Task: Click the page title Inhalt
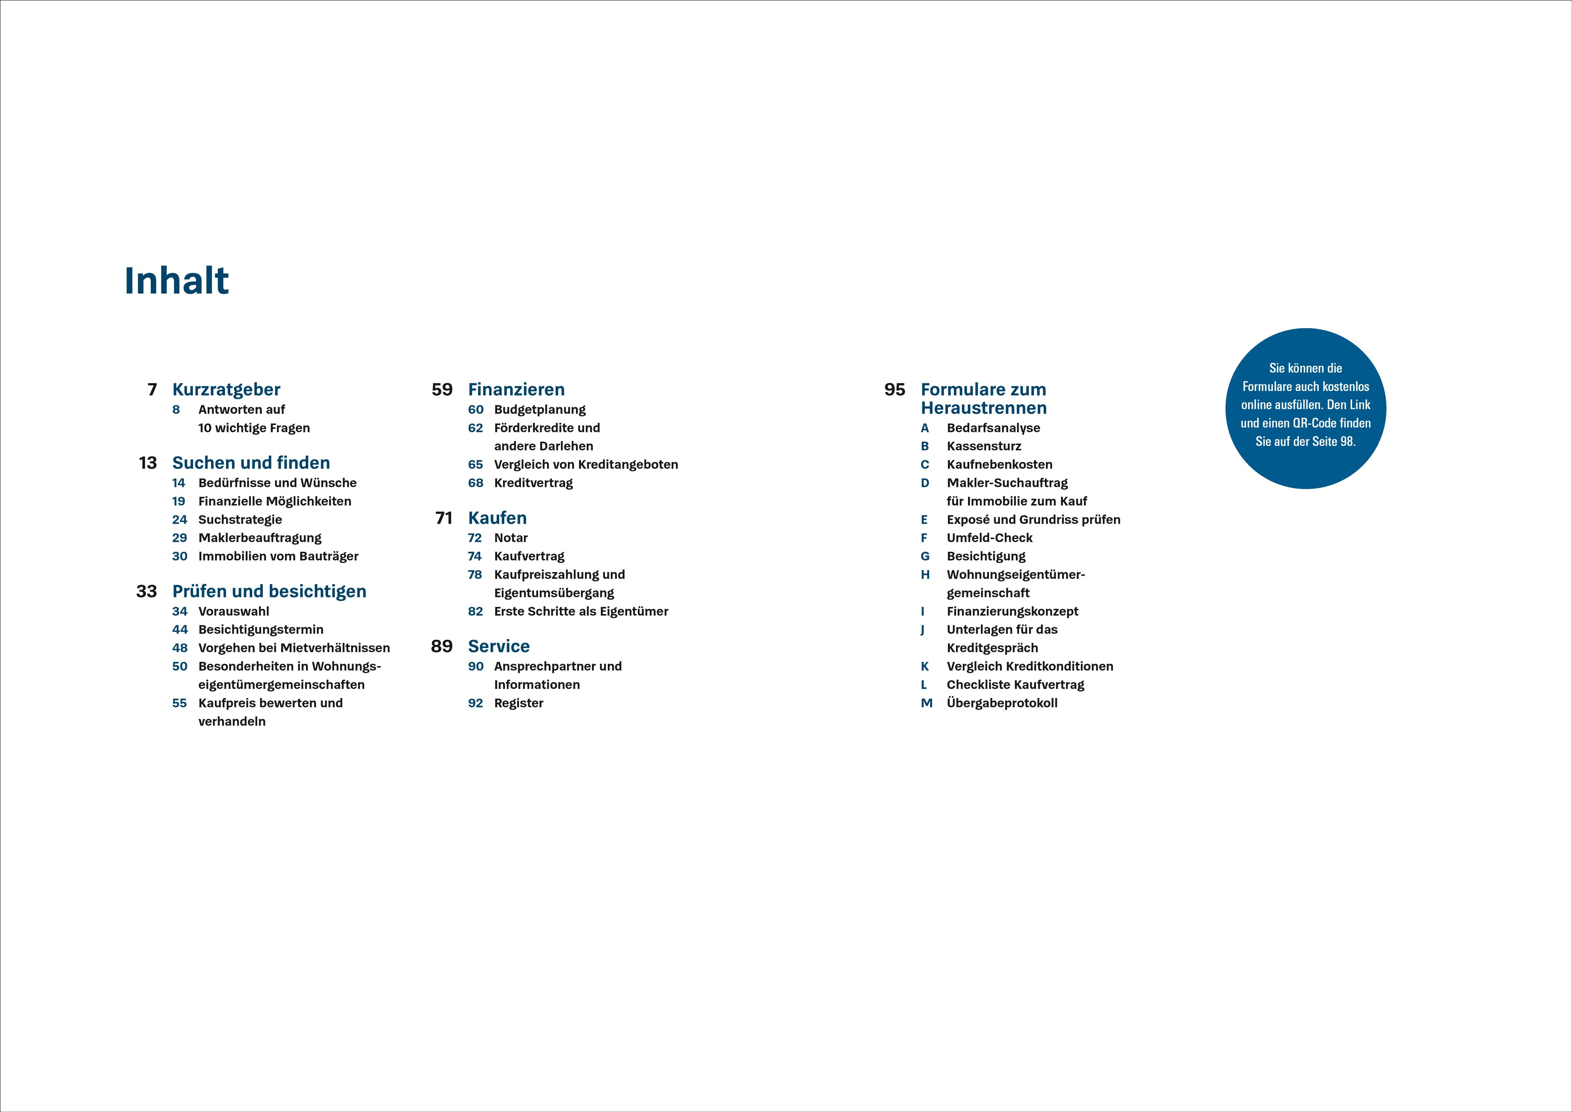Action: point(177,281)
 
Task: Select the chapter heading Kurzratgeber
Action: point(226,390)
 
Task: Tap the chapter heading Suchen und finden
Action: point(251,463)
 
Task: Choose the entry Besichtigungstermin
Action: point(260,629)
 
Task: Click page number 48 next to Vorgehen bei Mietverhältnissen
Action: point(179,648)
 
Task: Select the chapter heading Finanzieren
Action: point(516,390)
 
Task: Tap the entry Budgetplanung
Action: point(539,410)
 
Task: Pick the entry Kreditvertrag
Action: point(533,483)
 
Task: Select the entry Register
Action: point(518,703)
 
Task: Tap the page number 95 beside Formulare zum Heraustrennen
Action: point(894,390)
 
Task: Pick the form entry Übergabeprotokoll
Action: point(1002,703)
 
